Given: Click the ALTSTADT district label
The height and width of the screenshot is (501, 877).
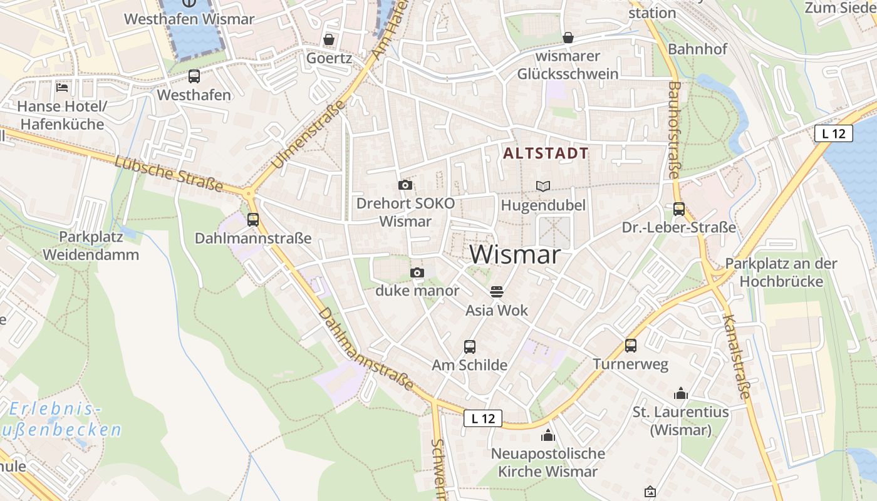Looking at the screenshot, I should tap(546, 153).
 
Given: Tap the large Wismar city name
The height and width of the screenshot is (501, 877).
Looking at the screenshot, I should tap(514, 254).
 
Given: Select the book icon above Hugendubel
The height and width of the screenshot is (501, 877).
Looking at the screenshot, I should tap(543, 186).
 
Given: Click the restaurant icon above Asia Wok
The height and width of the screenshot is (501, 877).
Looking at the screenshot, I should tap(497, 291).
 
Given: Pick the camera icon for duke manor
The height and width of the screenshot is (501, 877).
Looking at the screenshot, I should tap(417, 272).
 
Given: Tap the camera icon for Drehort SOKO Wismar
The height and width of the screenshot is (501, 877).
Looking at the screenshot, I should tap(405, 185).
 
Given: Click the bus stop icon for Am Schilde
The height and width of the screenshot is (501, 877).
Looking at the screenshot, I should tap(469, 346).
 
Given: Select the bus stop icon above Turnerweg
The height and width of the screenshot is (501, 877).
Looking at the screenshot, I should tap(631, 345).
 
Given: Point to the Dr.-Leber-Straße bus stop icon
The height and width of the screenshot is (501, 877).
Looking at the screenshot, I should tap(679, 209).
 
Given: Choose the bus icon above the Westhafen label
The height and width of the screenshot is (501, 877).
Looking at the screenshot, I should tap(194, 76).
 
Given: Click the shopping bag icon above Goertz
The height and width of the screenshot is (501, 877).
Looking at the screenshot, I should tap(329, 39).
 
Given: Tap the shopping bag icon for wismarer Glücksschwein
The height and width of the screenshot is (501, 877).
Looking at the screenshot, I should tap(568, 38).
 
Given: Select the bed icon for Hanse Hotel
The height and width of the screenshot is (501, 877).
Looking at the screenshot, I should tap(62, 88).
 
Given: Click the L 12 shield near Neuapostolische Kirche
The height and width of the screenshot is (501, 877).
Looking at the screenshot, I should tap(483, 418).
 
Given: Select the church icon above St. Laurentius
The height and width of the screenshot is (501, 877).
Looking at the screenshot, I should tap(681, 393).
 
